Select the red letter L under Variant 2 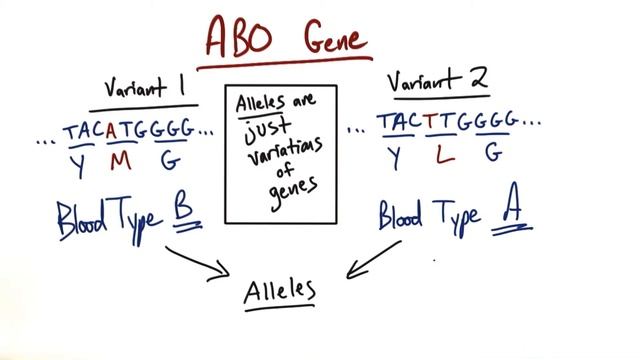[445, 154]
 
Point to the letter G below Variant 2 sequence [493, 153]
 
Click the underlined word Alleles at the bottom [281, 290]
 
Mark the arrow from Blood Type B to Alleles [199, 261]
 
